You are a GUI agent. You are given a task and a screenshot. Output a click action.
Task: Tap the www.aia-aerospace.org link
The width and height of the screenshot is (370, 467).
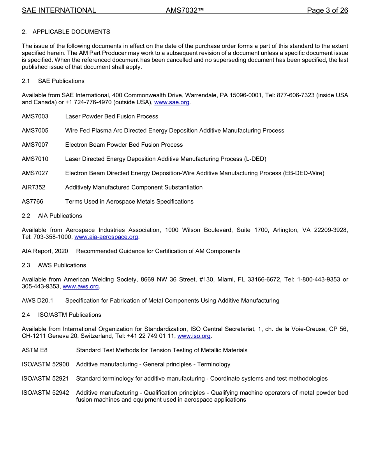coord(106,237)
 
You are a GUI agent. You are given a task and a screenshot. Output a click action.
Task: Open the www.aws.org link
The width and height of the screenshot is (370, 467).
coord(81,286)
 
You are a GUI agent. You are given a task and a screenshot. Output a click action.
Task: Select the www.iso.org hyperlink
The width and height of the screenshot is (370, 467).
coord(194,336)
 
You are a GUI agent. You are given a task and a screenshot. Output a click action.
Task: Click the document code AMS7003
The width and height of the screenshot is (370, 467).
coord(35,116)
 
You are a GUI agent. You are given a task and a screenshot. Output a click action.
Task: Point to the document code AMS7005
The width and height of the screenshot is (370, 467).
coord(35,131)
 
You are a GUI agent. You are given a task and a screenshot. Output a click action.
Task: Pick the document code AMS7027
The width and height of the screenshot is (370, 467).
coord(35,173)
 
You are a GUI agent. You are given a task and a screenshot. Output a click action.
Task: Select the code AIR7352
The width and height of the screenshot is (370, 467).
coord(33,187)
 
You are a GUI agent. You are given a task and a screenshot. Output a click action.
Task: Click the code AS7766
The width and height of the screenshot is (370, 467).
coord(33,202)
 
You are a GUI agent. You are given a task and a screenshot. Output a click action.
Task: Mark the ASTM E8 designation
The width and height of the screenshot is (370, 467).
coord(35,350)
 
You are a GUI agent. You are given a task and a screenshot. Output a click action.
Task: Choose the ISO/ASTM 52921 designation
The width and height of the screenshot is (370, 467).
coord(45,379)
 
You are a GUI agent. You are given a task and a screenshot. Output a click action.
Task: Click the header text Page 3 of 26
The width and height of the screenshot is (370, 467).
coord(327,11)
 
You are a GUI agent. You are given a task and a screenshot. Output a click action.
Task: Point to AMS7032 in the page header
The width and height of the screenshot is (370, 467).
coord(185,11)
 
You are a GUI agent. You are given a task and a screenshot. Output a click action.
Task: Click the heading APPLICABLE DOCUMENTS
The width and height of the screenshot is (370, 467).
coord(71,32)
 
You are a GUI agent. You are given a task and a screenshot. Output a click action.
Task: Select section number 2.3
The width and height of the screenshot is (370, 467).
coord(26,265)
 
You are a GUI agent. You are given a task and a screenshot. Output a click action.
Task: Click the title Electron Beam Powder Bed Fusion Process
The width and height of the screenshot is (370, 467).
coord(124,145)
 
